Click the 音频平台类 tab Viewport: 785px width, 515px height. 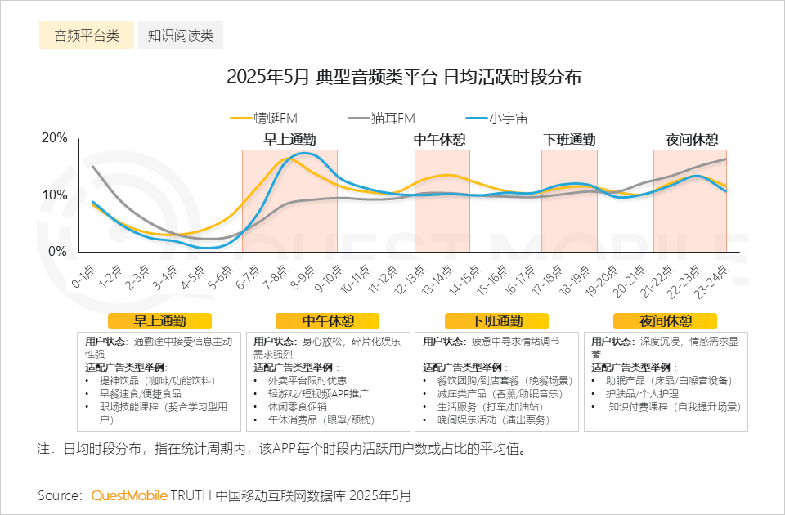coord(87,36)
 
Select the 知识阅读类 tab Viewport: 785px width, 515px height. coord(181,36)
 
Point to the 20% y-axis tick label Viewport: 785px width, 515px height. coord(55,138)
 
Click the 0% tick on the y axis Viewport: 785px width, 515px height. coord(58,252)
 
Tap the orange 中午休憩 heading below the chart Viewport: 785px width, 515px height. coord(328,320)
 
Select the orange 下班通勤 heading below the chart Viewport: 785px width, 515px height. coord(496,320)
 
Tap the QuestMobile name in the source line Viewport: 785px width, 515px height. coord(129,495)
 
